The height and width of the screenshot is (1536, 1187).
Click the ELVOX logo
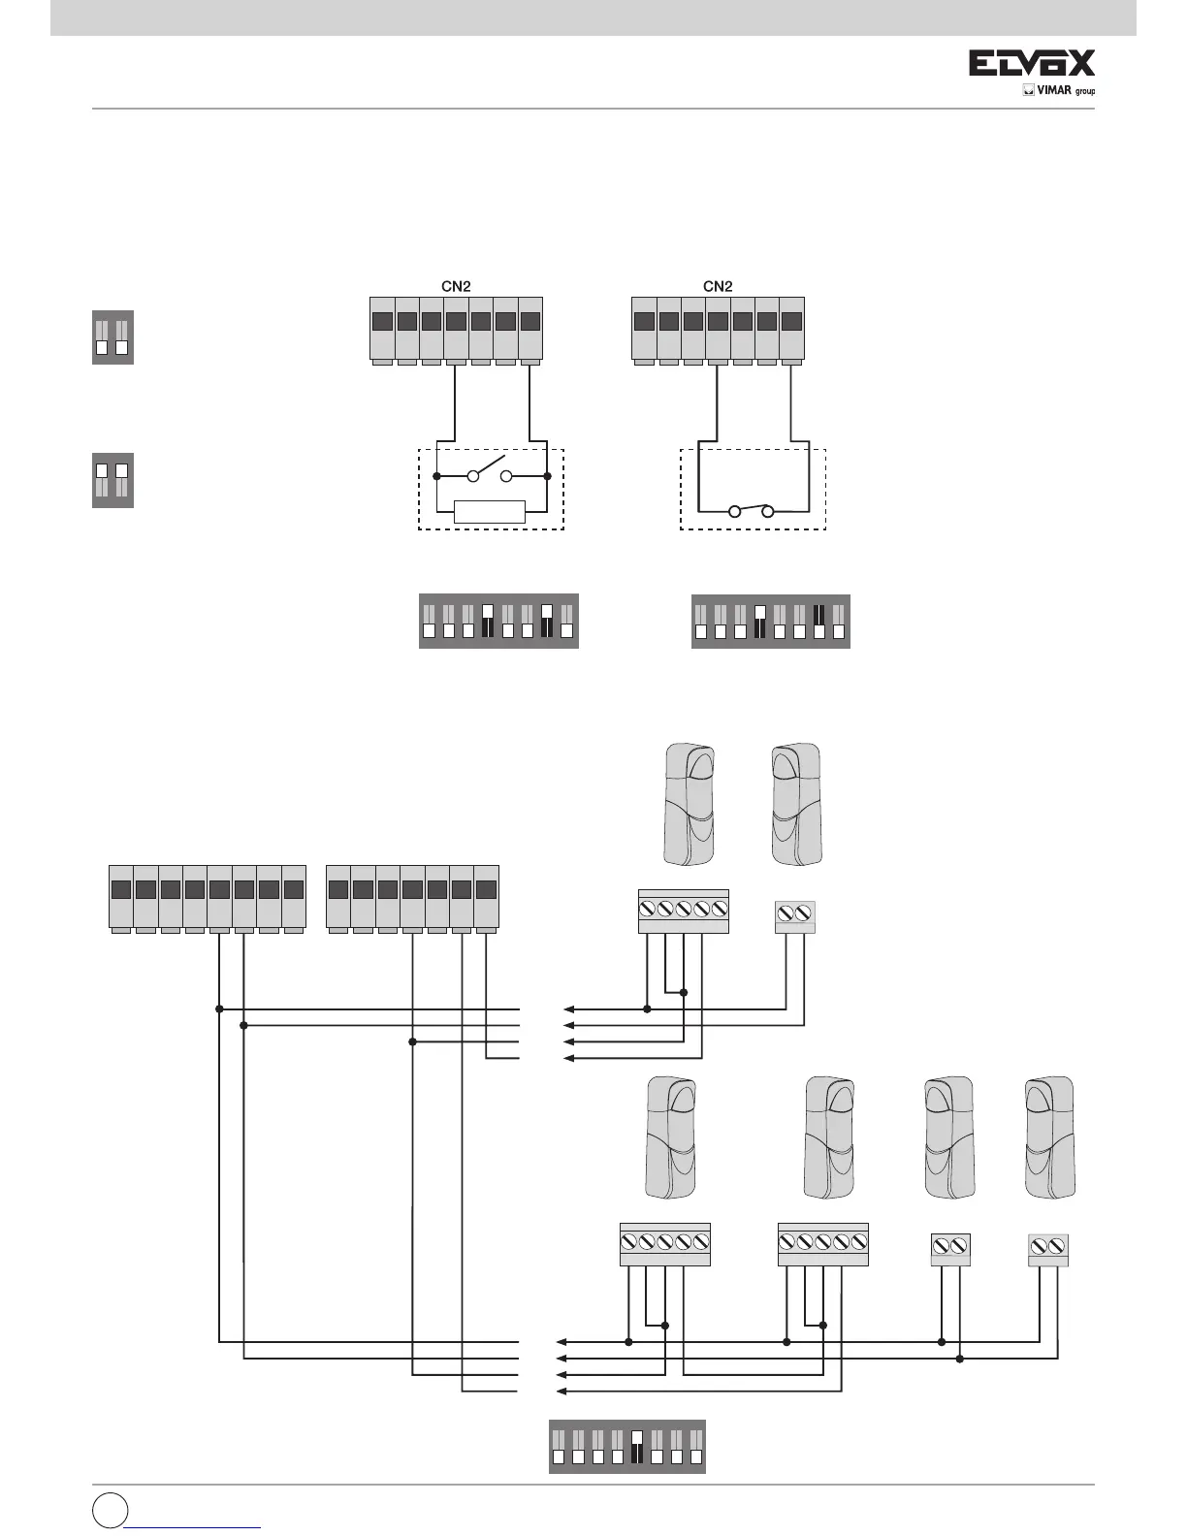pyautogui.click(x=1033, y=64)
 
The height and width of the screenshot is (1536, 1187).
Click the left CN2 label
pyautogui.click(x=450, y=286)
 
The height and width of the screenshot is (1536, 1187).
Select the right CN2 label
pyautogui.click(x=717, y=286)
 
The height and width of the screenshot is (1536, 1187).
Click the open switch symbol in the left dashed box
pyautogui.click(x=491, y=474)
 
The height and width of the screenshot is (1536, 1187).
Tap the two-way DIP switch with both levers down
pyautogui.click(x=112, y=337)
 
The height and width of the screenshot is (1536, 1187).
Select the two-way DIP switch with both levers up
pyautogui.click(x=112, y=480)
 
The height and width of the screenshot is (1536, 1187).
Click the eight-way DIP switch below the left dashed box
pyautogui.click(x=498, y=621)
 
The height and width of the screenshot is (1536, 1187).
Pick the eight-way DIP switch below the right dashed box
pyautogui.click(x=771, y=621)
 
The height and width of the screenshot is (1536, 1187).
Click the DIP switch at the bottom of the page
pyautogui.click(x=627, y=1447)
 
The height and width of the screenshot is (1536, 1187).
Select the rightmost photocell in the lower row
pyautogui.click(x=1051, y=1137)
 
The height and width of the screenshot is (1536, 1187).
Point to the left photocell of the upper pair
pyautogui.click(x=689, y=804)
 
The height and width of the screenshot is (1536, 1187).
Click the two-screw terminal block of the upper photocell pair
pyautogui.click(x=795, y=916)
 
